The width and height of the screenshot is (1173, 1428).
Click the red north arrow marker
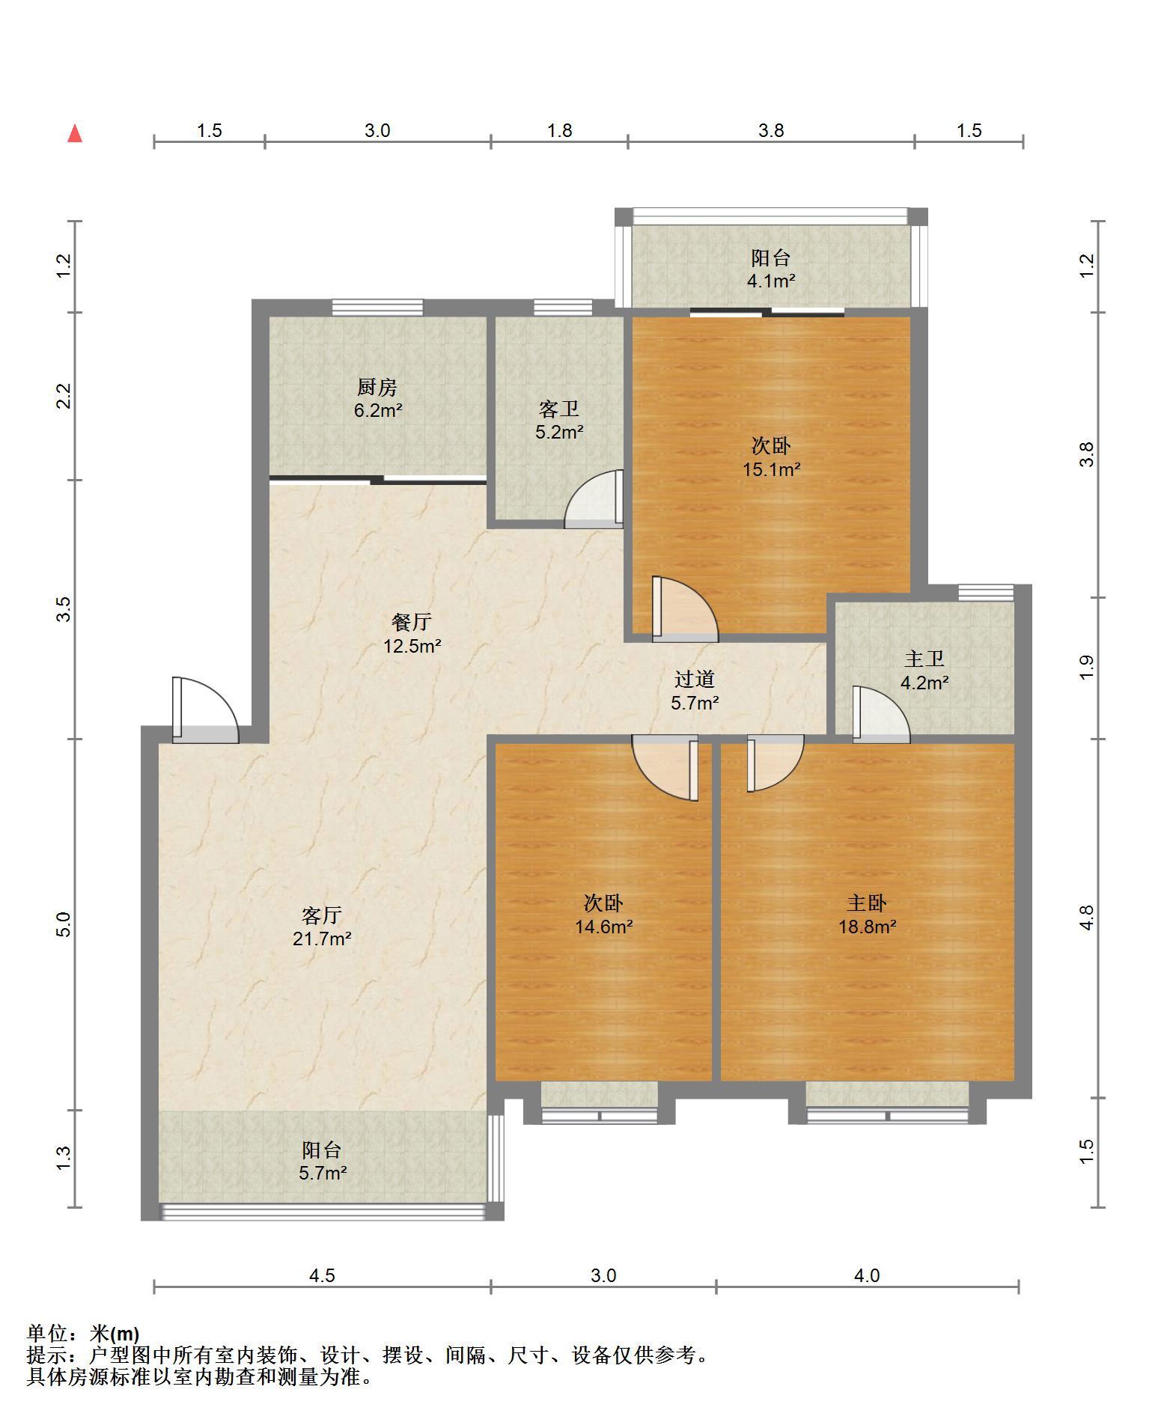(75, 134)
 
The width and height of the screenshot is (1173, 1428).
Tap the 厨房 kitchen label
(377, 388)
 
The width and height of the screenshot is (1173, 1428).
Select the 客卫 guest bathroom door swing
(594, 499)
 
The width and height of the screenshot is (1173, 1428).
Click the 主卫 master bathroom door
(881, 715)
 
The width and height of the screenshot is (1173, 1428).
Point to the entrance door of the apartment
(205, 710)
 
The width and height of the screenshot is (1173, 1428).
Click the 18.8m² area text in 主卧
(867, 927)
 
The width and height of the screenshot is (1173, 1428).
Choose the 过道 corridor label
(695, 679)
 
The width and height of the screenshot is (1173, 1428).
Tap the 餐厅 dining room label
(412, 622)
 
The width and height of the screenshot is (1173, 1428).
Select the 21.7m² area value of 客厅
(322, 939)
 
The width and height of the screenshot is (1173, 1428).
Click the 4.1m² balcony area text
(771, 281)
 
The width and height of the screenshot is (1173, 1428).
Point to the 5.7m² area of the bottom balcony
(323, 1173)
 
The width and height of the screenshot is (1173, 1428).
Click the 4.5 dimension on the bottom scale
(322, 1275)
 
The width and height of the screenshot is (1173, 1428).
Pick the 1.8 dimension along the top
(559, 131)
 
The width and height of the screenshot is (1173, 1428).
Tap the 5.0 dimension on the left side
(64, 925)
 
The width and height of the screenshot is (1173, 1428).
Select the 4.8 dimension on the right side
(1087, 918)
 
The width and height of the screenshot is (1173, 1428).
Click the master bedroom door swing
(776, 763)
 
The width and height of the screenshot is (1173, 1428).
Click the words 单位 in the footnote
(46, 1333)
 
